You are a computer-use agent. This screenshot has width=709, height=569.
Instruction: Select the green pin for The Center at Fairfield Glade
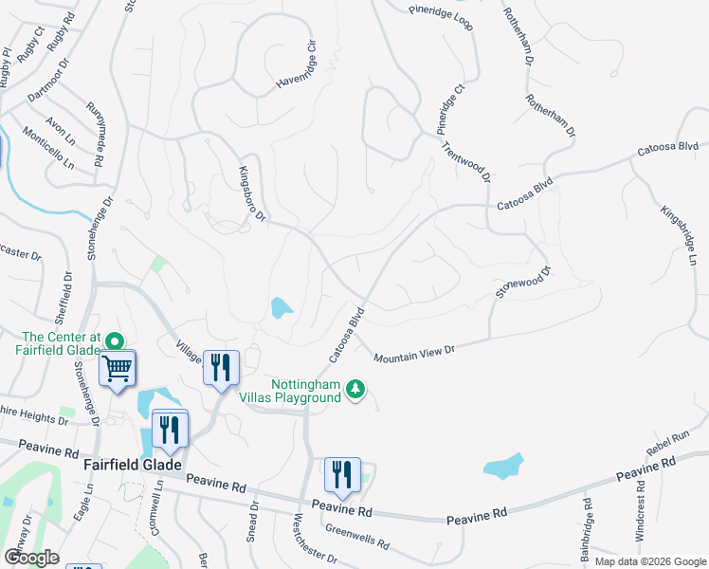tap(116, 340)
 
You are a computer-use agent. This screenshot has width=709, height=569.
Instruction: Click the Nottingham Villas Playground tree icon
tap(355, 389)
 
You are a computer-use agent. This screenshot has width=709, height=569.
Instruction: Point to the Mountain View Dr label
tap(415, 354)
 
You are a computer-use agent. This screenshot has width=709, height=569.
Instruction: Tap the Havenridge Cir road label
tap(294, 68)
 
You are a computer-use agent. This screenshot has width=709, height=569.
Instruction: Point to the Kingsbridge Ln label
tap(678, 225)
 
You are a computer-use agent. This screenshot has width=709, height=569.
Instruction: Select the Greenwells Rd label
tap(356, 538)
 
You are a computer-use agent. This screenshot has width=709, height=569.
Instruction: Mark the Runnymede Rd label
tap(97, 134)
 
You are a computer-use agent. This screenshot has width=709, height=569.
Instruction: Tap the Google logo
tap(31, 558)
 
